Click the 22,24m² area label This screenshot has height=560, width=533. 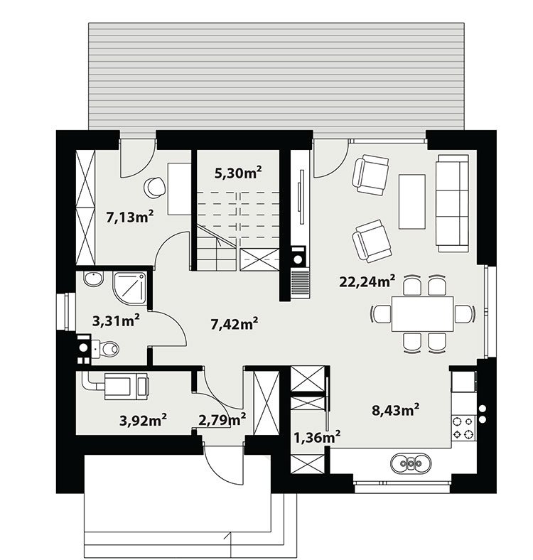click(x=367, y=281)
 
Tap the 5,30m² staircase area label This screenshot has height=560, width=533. click(x=238, y=173)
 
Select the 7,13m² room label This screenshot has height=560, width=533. click(x=129, y=217)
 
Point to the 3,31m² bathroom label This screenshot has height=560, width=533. click(x=116, y=321)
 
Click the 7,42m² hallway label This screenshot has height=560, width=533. click(x=235, y=324)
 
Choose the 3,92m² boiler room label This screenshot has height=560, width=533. click(x=143, y=421)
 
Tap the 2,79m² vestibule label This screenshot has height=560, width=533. click(x=222, y=419)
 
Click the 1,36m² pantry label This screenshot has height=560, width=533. click(x=317, y=436)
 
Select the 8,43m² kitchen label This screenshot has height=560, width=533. click(x=395, y=409)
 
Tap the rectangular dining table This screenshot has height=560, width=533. click(x=423, y=314)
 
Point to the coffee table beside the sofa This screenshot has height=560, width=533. click(x=412, y=201)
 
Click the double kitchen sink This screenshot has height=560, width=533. click(x=411, y=463)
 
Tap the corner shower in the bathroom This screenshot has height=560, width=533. click(x=129, y=289)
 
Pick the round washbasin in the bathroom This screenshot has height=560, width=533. click(x=94, y=279)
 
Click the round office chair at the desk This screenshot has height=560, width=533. click(x=155, y=187)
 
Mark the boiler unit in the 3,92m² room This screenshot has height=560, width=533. click(x=126, y=386)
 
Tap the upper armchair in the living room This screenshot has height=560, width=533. click(x=370, y=175)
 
